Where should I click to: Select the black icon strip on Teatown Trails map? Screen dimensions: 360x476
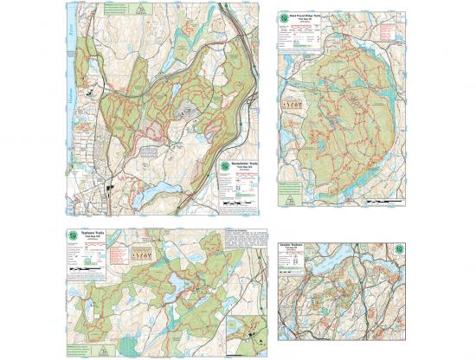142,256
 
